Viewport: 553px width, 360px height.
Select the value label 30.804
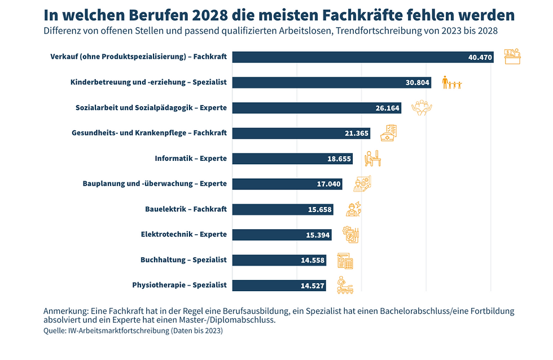pos(418,82)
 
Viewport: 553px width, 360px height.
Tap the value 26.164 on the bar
pos(388,108)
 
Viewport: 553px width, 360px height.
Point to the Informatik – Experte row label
pos(191,159)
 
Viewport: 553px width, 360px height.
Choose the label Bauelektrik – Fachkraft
pos(186,209)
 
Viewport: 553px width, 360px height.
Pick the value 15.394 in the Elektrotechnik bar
pos(318,235)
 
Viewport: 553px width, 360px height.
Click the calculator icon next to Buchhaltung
pos(345,261)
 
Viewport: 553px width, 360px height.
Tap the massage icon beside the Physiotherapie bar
pos(344,285)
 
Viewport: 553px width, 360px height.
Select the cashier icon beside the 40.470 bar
pos(512,56)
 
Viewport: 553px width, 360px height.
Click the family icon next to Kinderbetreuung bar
pos(452,83)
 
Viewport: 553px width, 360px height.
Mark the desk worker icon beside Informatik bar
pos(372,159)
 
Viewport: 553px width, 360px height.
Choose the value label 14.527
pos(312,286)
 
